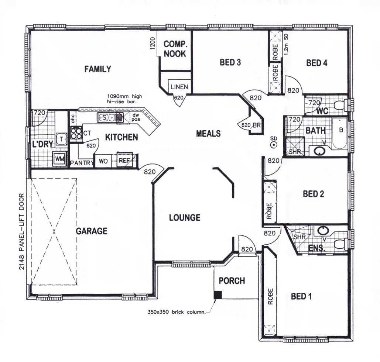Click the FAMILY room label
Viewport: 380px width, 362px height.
(97, 69)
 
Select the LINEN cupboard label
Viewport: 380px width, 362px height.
(179, 87)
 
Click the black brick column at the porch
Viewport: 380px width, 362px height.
(218, 295)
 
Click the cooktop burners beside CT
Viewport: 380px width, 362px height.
(76, 132)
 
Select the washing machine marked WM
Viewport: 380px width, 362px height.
(59, 159)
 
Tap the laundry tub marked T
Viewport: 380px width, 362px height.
(61, 138)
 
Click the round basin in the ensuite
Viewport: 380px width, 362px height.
(323, 231)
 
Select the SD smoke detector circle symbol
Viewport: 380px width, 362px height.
(273, 145)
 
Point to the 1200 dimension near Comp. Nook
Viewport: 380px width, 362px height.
(152, 44)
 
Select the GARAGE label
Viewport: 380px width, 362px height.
(92, 231)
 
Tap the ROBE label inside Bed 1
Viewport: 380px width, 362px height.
(270, 296)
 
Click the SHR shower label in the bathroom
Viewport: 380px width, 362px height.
(294, 152)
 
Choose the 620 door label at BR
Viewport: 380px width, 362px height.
(246, 125)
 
